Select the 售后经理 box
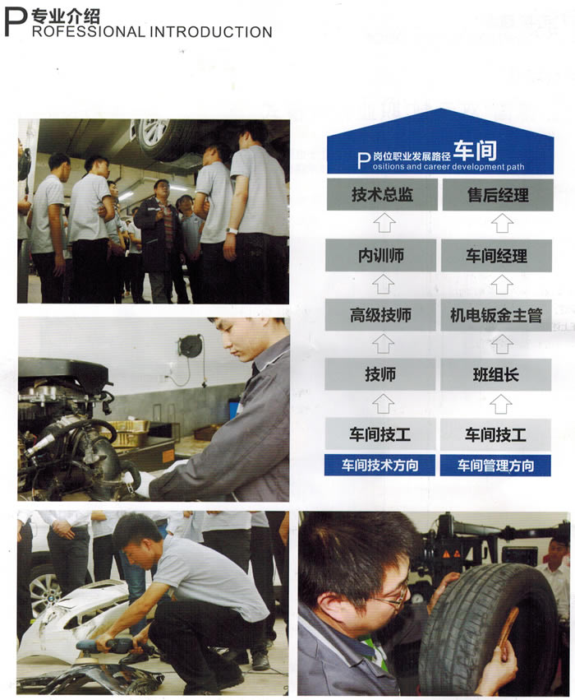coord(498,195)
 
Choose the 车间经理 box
coord(498,255)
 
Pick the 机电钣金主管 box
coord(498,315)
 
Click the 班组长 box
coord(498,375)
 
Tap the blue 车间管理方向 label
coord(498,466)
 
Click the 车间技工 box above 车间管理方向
coord(498,434)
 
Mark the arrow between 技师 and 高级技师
coord(383,344)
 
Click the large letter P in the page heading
coord(16,22)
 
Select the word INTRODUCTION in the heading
coord(211,32)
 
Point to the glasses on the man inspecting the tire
coord(393,597)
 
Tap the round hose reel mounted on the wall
coord(191,345)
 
